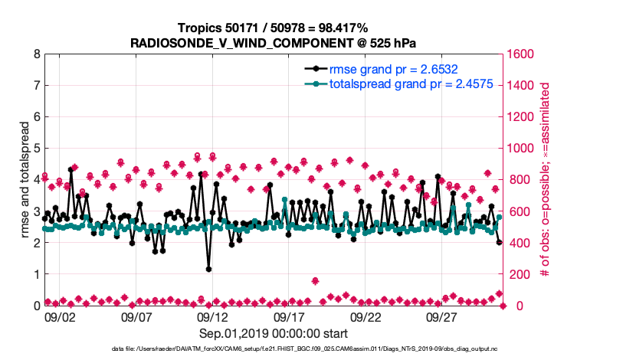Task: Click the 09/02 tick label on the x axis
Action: click(60, 316)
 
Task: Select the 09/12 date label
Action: click(213, 316)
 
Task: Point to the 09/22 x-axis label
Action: click(366, 316)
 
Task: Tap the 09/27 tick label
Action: click(443, 316)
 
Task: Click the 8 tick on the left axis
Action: click(35, 54)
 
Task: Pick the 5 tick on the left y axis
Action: click(35, 149)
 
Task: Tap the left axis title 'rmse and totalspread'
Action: click(25, 180)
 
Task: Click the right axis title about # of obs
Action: click(546, 180)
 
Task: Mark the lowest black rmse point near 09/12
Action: click(208, 268)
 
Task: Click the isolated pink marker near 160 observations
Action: click(316, 280)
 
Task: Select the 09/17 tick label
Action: click(290, 316)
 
